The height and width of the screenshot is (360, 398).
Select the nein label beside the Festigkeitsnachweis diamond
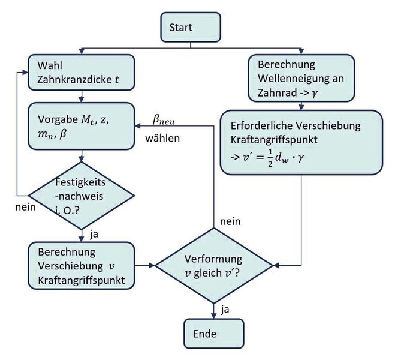pyautogui.click(x=25, y=208)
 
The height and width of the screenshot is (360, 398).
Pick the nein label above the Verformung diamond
pyautogui.click(x=231, y=221)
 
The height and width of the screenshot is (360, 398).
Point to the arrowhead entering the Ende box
pyautogui.click(x=214, y=316)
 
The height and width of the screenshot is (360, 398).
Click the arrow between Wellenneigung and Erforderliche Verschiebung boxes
pyautogui.click(x=299, y=106)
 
